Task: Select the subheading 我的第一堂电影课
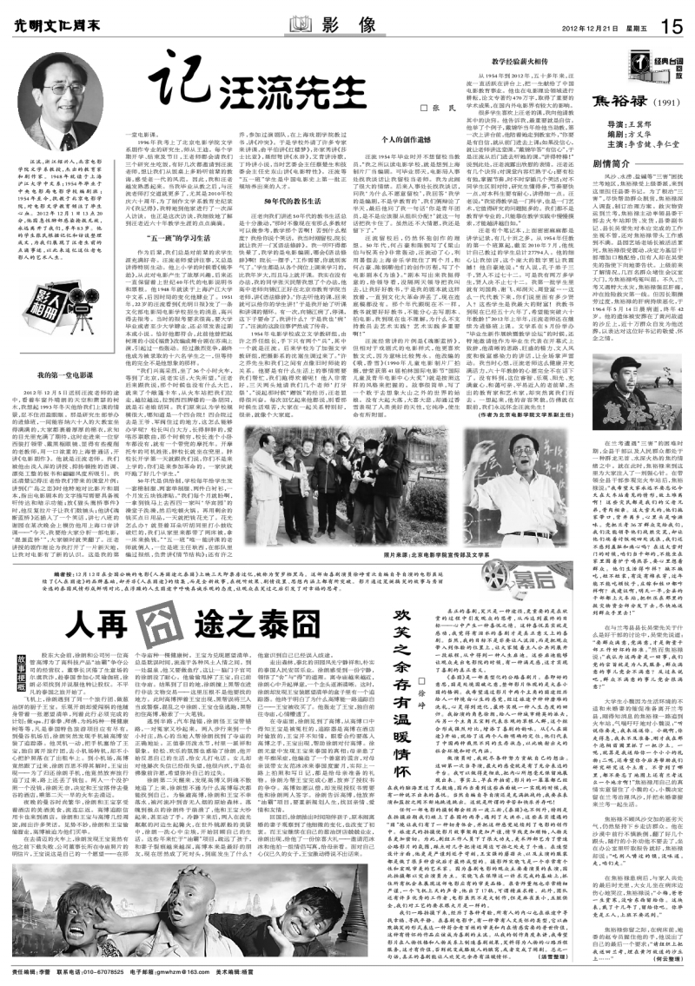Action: point(63,349)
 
